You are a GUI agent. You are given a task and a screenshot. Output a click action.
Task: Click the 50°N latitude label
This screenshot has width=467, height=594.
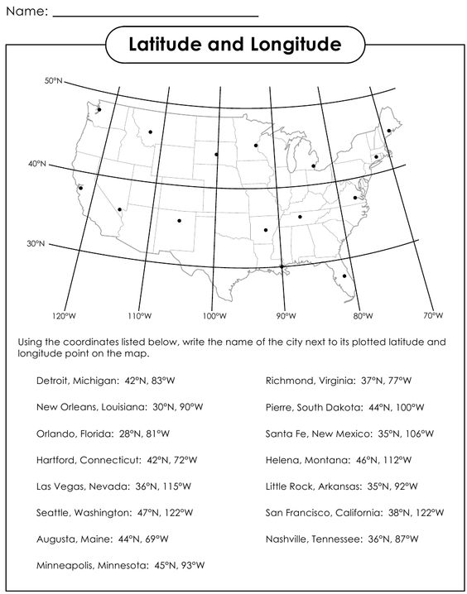click(54, 81)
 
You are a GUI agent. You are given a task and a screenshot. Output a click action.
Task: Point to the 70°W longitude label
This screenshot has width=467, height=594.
click(433, 316)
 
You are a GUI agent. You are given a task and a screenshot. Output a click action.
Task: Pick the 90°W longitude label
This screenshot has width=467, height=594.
click(286, 316)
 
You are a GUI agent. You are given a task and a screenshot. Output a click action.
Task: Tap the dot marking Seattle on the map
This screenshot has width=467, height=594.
click(99, 109)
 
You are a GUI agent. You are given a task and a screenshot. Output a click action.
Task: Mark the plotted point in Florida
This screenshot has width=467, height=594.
click(344, 275)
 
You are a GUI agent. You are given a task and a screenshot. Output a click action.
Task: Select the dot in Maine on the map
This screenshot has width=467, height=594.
click(389, 130)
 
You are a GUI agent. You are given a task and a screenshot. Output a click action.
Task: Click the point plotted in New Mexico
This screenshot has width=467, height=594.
click(179, 220)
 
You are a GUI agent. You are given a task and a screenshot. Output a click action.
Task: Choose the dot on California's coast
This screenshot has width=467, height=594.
click(80, 188)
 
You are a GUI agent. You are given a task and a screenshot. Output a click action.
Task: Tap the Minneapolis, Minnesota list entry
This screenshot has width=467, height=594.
click(120, 566)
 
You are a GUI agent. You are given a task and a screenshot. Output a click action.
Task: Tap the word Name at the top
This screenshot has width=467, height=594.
click(23, 12)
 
